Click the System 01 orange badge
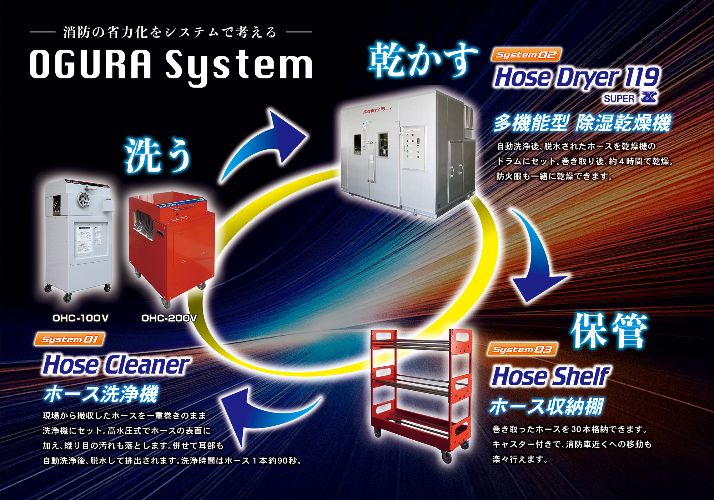(69, 339)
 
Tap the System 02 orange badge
(526, 55)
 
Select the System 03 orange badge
(522, 349)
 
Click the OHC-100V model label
(80, 318)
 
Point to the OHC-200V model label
(169, 318)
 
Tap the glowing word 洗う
(157, 156)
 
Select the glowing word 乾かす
(423, 60)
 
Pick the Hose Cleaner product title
(116, 365)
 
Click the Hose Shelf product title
(550, 376)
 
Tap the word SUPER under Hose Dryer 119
(619, 99)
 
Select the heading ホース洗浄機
(101, 394)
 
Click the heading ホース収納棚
(546, 406)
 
